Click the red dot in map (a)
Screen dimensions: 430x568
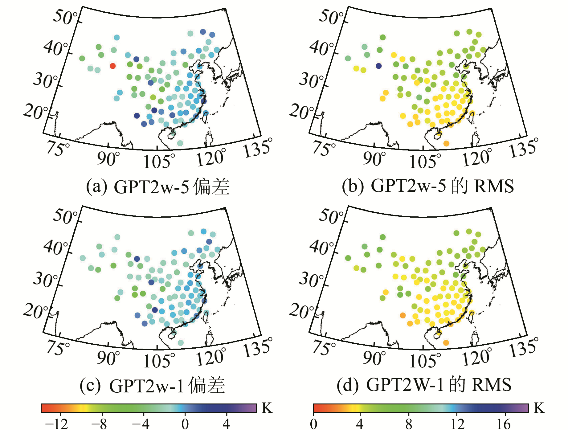pyautogui.click(x=113, y=66)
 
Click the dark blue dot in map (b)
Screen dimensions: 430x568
pyautogui.click(x=379, y=66)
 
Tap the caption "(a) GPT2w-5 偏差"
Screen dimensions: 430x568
pyautogui.click(x=158, y=187)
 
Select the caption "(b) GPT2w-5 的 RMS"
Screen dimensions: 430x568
pyautogui.click(x=428, y=186)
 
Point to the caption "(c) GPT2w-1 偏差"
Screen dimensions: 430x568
pyautogui.click(x=152, y=385)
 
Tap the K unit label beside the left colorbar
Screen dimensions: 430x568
pyautogui.click(x=267, y=408)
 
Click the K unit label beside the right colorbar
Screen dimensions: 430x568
pyautogui.click(x=539, y=408)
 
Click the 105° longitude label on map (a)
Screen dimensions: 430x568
pyautogui.click(x=159, y=161)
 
